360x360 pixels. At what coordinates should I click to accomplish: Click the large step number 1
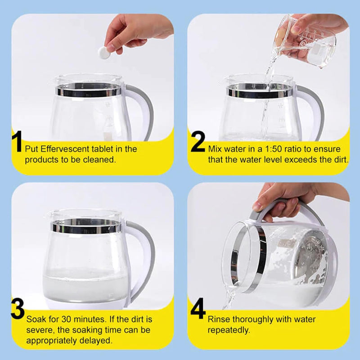click(x=17, y=141)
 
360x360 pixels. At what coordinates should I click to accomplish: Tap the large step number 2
click(x=198, y=141)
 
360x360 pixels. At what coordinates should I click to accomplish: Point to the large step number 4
click(x=198, y=308)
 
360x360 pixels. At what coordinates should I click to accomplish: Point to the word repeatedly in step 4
click(x=229, y=330)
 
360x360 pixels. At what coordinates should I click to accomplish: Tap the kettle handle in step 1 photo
click(x=140, y=110)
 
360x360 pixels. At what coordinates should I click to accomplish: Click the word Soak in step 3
click(x=36, y=319)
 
